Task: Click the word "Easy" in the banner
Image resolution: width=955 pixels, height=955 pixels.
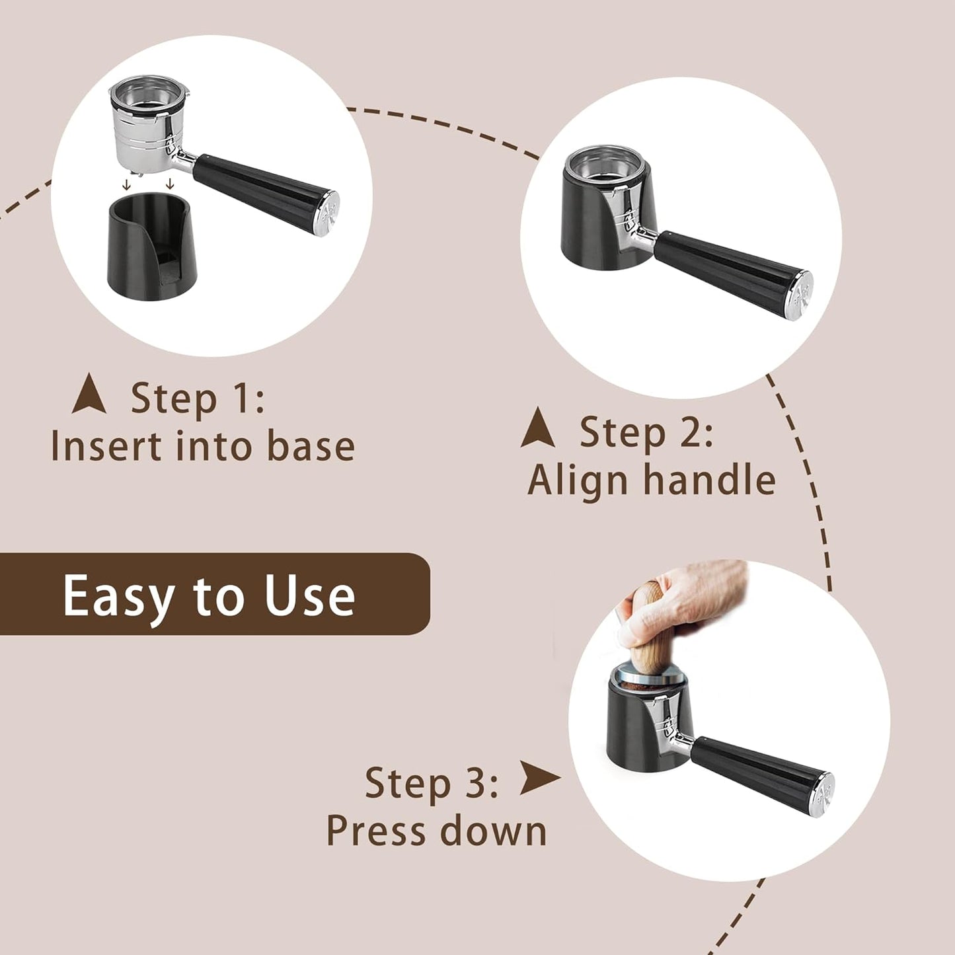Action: pos(120,597)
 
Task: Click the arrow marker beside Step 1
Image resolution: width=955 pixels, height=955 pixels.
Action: pos(89,395)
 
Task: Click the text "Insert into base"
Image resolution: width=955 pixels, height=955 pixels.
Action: pos(202,446)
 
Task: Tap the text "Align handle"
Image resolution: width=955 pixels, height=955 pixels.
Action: pos(652,480)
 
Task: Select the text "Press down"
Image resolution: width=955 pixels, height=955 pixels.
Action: pos(436,831)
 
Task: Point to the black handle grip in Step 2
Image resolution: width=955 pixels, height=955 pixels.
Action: pos(727,271)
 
